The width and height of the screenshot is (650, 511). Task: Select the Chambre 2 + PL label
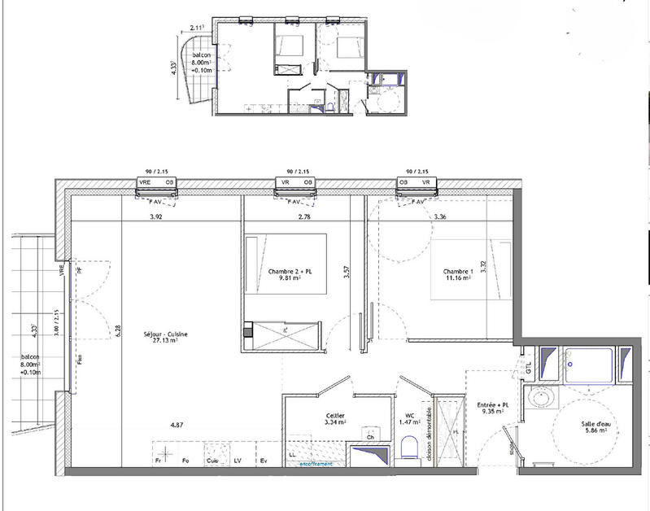pos(285,271)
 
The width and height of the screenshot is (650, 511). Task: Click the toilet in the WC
pos(411,447)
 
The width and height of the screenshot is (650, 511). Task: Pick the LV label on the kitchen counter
pos(237,462)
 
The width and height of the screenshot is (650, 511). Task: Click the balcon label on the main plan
pos(32,358)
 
